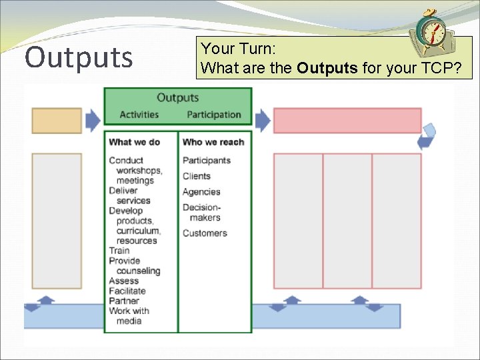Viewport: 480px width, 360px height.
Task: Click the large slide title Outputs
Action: click(79, 57)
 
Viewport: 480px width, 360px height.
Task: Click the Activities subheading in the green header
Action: click(139, 115)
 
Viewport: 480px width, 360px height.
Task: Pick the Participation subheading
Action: click(213, 115)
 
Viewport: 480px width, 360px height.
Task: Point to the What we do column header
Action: click(134, 142)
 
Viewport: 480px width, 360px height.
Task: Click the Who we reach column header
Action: click(213, 142)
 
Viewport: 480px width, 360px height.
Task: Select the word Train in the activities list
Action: click(119, 251)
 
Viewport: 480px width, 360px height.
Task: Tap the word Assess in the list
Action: click(123, 281)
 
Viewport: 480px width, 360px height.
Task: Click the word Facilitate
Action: click(127, 291)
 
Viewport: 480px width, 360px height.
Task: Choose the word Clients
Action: click(197, 176)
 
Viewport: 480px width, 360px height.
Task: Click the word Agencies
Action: click(201, 192)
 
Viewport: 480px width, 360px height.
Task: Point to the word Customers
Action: click(205, 233)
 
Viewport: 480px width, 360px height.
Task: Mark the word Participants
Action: click(207, 161)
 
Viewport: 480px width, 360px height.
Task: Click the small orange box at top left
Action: click(57, 121)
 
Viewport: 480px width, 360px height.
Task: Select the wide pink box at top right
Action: click(347, 121)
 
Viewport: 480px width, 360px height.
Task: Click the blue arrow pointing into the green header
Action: click(93, 120)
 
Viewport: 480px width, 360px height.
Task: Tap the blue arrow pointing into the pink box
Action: click(263, 120)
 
